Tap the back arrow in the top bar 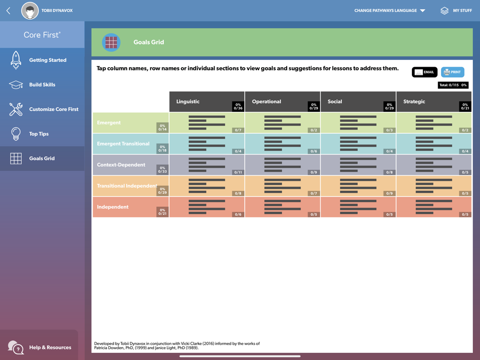pyautogui.click(x=8, y=11)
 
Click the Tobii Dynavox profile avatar pyautogui.click(x=30, y=11)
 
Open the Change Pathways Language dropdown pyautogui.click(x=389, y=11)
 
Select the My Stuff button pyautogui.click(x=456, y=11)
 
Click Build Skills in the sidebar pyautogui.click(x=42, y=85)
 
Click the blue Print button pyautogui.click(x=452, y=72)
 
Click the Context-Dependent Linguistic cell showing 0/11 pyautogui.click(x=207, y=165)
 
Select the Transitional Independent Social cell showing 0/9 pyautogui.click(x=358, y=186)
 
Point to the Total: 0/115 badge pyautogui.click(x=453, y=85)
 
